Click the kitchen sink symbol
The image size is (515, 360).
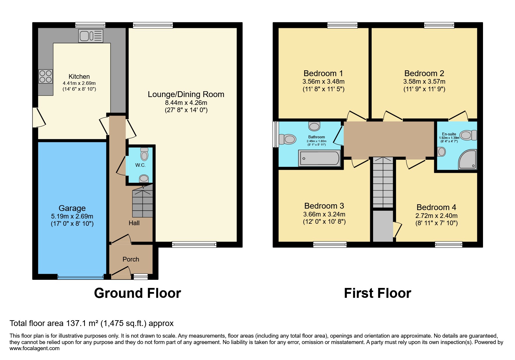(x=91, y=36)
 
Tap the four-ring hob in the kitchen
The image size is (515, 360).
(x=46, y=76)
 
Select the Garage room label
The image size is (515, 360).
(x=72, y=208)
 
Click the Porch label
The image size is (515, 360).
(x=131, y=259)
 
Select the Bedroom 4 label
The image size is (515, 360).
(x=436, y=207)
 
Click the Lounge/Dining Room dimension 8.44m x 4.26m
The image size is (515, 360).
(x=186, y=103)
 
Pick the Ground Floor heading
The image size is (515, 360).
(x=137, y=293)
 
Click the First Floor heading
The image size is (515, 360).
(x=377, y=293)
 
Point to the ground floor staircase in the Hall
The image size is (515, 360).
(x=142, y=202)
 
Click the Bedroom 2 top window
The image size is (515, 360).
(x=439, y=25)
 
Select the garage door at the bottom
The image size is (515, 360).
(x=81, y=277)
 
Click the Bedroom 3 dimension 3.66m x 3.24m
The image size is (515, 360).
(x=324, y=214)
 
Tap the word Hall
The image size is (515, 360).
(x=134, y=223)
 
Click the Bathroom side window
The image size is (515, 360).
(x=275, y=134)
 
